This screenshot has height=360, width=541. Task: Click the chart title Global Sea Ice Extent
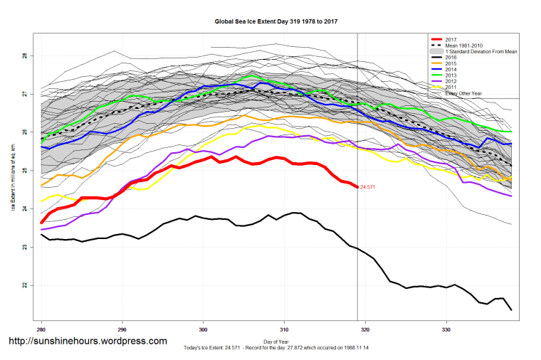(x=276, y=22)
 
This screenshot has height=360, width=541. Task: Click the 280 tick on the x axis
(x=42, y=330)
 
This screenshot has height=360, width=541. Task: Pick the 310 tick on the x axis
(x=284, y=330)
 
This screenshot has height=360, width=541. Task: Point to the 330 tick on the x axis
(x=446, y=330)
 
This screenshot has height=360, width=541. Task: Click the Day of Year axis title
(x=275, y=341)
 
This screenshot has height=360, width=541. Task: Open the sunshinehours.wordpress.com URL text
(x=88, y=342)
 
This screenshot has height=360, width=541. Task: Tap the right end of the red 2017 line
(x=357, y=186)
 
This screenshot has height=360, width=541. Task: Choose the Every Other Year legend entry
(x=463, y=94)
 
